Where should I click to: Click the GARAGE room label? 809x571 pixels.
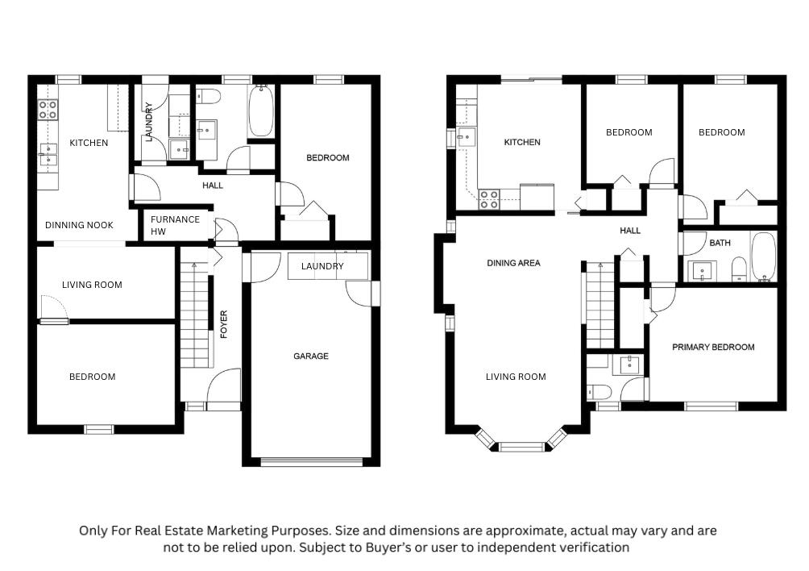[x=310, y=356]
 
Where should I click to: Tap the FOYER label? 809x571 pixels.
[x=224, y=324]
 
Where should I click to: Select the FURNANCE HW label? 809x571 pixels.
[x=175, y=226]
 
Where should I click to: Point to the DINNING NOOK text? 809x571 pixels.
[x=79, y=225]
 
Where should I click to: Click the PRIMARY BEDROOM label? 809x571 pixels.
[x=713, y=348]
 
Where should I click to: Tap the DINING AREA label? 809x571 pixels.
[x=513, y=263]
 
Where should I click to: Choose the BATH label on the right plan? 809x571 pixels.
[x=720, y=243]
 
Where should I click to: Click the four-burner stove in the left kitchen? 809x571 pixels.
[x=48, y=110]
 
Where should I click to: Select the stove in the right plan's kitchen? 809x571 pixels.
[x=488, y=199]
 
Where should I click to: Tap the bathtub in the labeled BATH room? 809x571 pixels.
[x=763, y=257]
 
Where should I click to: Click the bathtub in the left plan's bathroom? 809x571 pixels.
[x=261, y=111]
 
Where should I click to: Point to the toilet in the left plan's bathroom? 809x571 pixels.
[x=210, y=96]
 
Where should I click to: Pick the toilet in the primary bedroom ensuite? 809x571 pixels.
[x=599, y=392]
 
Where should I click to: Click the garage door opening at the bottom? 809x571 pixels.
[x=311, y=461]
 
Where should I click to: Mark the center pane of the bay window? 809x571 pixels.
[x=521, y=447]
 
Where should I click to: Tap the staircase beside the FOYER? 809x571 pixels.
[x=194, y=315]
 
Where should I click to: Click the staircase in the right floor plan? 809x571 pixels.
[x=600, y=305]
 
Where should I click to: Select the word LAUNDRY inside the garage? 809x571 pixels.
[x=322, y=266]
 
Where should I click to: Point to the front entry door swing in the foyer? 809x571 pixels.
[x=224, y=385]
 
